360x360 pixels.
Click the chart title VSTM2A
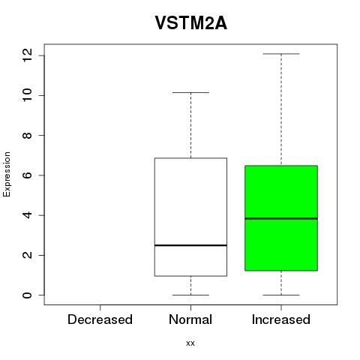[191, 23]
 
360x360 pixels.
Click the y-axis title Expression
[7, 174]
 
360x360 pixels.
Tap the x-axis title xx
[190, 343]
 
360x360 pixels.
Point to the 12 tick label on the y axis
[27, 55]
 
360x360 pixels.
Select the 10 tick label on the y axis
[27, 95]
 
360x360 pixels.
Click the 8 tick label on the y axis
[27, 135]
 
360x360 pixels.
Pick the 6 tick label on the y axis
[27, 175]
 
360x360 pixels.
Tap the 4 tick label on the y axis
[27, 215]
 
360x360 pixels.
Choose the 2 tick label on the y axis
[27, 255]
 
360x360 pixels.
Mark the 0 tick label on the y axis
[27, 295]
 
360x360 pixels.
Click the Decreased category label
[100, 319]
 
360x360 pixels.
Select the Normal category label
[190, 319]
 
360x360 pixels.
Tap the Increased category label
[281, 319]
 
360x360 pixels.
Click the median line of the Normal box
[190, 245]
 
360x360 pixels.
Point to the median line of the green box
[281, 218]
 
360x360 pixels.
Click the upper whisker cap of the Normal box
[190, 92]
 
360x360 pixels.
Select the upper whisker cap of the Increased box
[281, 54]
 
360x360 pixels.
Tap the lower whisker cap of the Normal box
[190, 295]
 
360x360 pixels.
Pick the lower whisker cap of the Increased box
[281, 295]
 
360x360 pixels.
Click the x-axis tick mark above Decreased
[100, 307]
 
